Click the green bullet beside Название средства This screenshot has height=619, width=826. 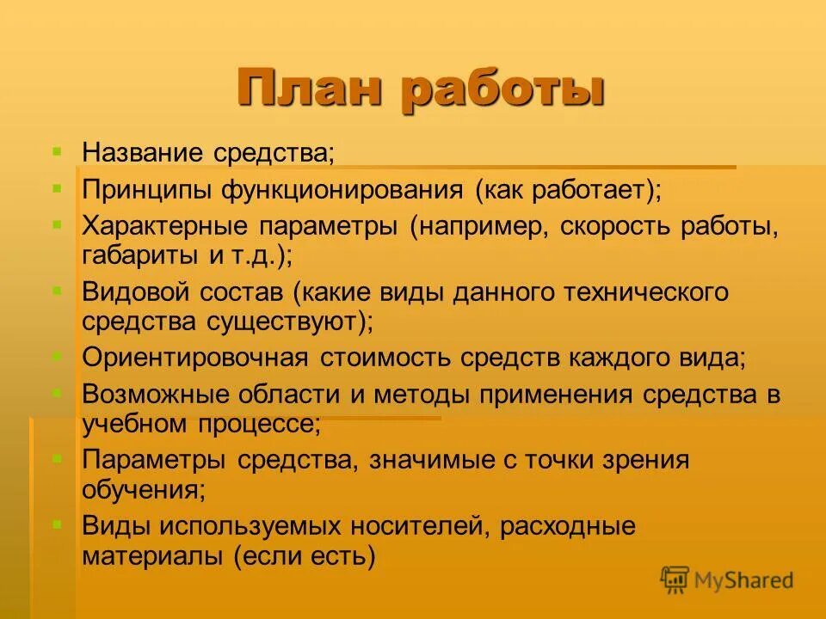click(57, 150)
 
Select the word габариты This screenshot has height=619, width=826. click(129, 254)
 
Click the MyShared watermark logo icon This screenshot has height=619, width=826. click(675, 580)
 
